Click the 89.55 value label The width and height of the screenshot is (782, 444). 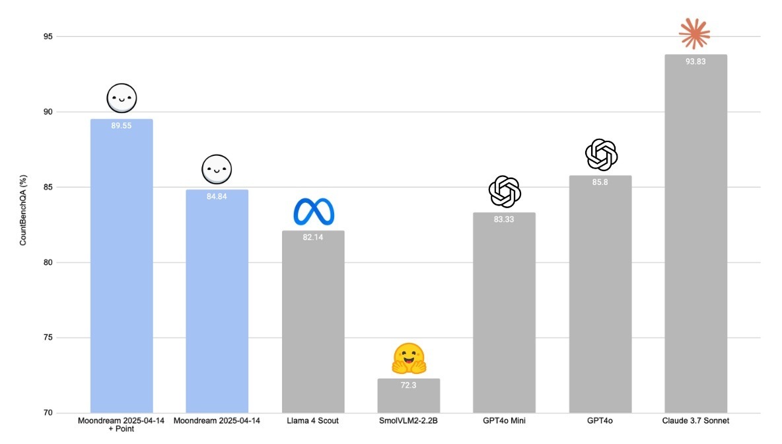[122, 126]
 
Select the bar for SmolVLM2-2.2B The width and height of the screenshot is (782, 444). [409, 396]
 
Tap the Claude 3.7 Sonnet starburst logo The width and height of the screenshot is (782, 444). [694, 33]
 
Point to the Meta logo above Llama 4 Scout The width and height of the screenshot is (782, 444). [314, 211]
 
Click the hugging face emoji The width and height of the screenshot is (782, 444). [409, 359]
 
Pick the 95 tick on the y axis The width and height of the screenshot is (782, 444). [48, 36]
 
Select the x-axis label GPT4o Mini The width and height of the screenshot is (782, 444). [505, 421]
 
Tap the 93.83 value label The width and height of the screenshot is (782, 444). [696, 61]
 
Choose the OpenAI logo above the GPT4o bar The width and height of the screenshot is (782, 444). [601, 155]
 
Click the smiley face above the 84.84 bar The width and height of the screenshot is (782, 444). [217, 170]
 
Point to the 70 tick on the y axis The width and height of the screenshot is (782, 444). [48, 413]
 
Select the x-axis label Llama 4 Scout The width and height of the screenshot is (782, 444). [312, 421]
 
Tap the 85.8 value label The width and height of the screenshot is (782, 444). [600, 182]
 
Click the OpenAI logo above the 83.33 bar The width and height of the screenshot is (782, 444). [505, 192]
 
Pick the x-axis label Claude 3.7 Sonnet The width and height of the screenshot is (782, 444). [695, 421]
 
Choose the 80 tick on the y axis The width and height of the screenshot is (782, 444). [48, 262]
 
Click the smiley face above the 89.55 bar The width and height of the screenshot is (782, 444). [121, 99]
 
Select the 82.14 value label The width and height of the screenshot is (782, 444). [313, 237]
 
